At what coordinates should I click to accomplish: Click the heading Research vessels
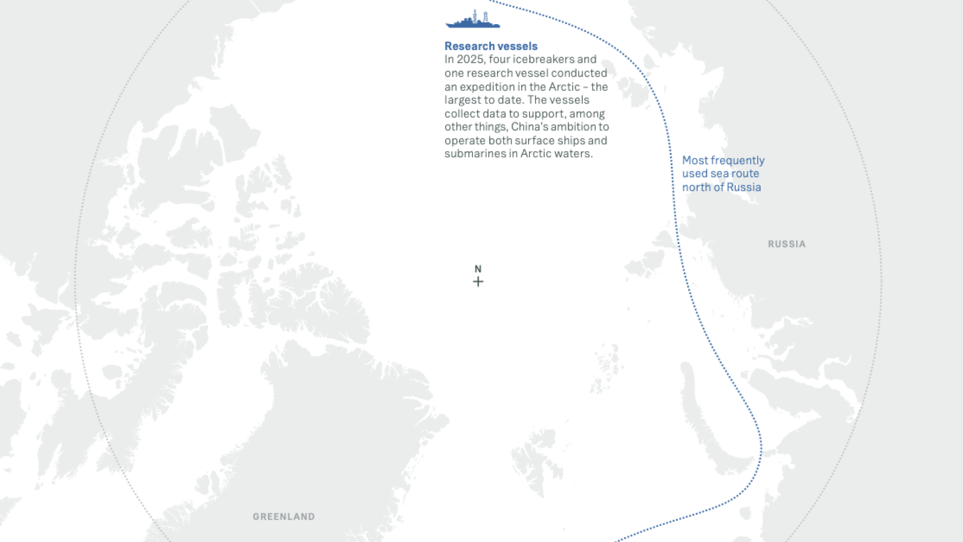click(491, 46)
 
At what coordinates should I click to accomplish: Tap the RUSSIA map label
click(786, 244)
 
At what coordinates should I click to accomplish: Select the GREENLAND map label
click(283, 517)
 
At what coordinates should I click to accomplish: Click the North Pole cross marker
click(478, 282)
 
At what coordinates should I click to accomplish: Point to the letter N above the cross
click(478, 269)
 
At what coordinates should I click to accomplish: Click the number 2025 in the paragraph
click(469, 60)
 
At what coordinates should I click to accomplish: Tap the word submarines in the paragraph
click(474, 154)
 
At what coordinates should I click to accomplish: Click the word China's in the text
click(529, 127)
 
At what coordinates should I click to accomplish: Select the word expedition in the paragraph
click(484, 87)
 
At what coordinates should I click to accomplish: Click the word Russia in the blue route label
click(745, 187)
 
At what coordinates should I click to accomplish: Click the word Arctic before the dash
click(564, 87)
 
